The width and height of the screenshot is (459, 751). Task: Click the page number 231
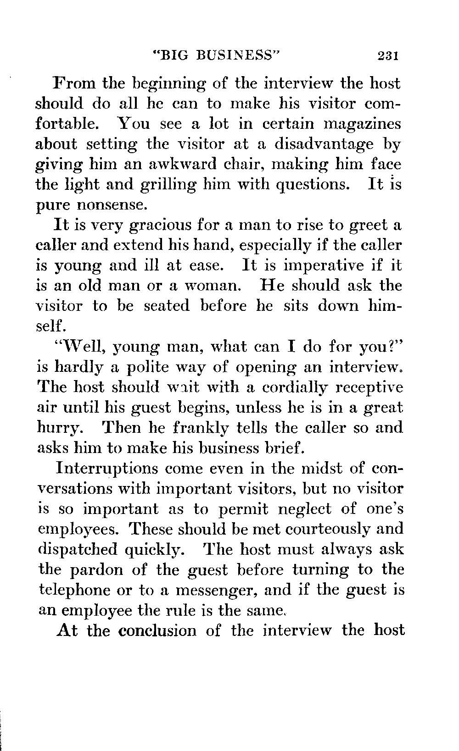pos(388,56)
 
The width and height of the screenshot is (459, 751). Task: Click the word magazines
pos(363,124)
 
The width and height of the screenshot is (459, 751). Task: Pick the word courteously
pos(327,529)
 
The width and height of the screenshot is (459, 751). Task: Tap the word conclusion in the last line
pos(157,630)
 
